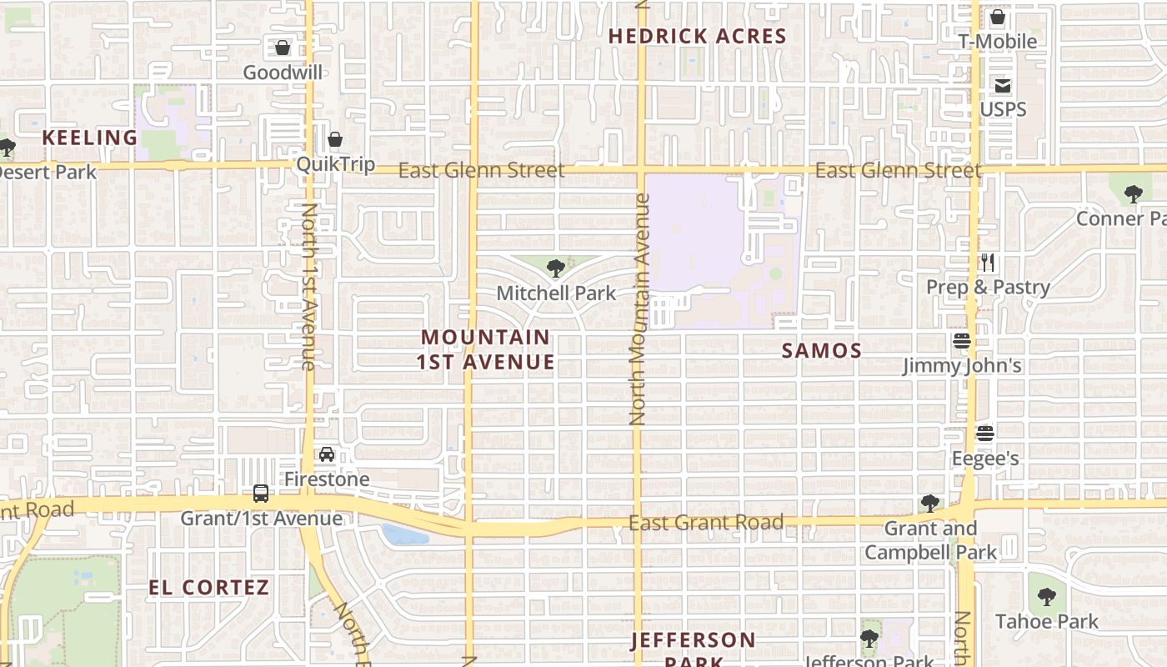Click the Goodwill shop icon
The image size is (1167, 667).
pos(283,48)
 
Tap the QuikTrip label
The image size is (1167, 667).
pos(336,164)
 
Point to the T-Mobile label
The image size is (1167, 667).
pos(998,42)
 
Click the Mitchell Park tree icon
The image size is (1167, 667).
pos(555,268)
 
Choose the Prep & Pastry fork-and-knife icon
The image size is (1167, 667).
pos(988,263)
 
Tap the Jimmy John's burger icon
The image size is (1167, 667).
pos(962,341)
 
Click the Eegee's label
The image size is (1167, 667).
pos(985,459)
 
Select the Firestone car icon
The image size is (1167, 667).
pos(327,454)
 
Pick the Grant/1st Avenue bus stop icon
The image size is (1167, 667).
pos(261,494)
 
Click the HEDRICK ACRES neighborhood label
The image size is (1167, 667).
pos(697,37)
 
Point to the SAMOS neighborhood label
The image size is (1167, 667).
pos(822,350)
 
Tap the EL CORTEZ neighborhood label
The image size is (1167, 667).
pos(209,587)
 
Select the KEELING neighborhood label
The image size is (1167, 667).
pos(90,138)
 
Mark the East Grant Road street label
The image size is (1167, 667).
pos(706,523)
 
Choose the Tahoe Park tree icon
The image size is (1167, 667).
pos(1047,597)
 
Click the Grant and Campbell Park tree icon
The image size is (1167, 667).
pos(930,504)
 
